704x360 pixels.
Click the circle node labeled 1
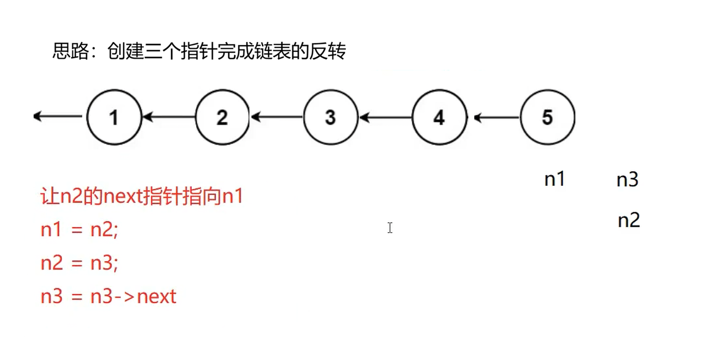114,117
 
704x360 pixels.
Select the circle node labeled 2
222,117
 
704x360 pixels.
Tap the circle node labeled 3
331,117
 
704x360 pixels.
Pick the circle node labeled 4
439,117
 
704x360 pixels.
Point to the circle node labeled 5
547,117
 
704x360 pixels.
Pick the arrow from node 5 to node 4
496,117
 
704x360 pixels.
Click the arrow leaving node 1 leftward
58,117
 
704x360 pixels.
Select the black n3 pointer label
627,180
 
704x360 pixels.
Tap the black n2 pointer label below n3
629,221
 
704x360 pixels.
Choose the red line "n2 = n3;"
79,264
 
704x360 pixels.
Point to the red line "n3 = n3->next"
108,297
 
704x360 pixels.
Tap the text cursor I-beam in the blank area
390,228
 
